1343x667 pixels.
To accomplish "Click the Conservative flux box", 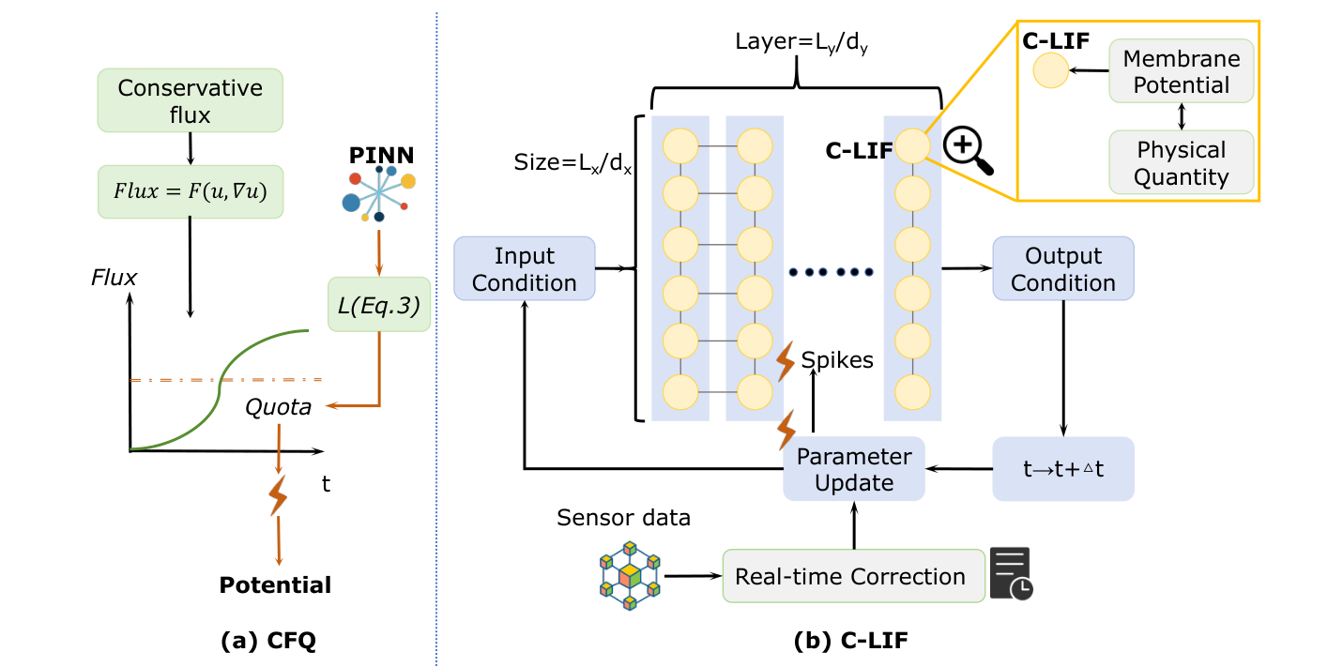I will point(191,101).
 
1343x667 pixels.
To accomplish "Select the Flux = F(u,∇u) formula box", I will point(191,192).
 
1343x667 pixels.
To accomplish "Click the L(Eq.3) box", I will point(378,303).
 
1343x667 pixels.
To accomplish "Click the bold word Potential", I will point(275,585).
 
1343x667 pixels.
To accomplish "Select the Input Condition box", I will point(524,269).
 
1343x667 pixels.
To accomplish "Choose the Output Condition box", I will point(1062,269).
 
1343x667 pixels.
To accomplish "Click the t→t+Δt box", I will point(1062,468).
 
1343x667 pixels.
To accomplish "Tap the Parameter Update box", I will point(854,469).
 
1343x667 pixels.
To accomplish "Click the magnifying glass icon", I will point(968,151).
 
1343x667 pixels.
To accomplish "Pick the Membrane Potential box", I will point(1181,71).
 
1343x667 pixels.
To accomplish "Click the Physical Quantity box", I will point(1181,162).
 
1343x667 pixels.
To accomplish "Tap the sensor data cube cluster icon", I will point(629,575).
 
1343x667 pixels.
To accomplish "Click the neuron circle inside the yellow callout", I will point(1050,71).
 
